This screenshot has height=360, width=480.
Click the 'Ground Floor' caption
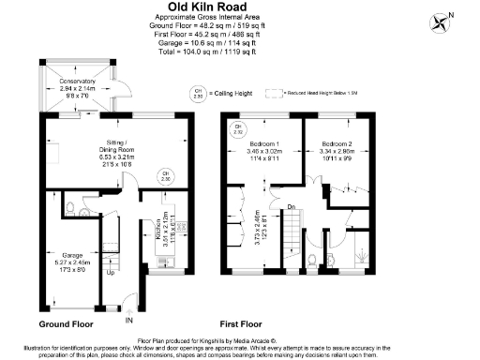coord(67,323)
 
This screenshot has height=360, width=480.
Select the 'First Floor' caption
coord(238,323)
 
